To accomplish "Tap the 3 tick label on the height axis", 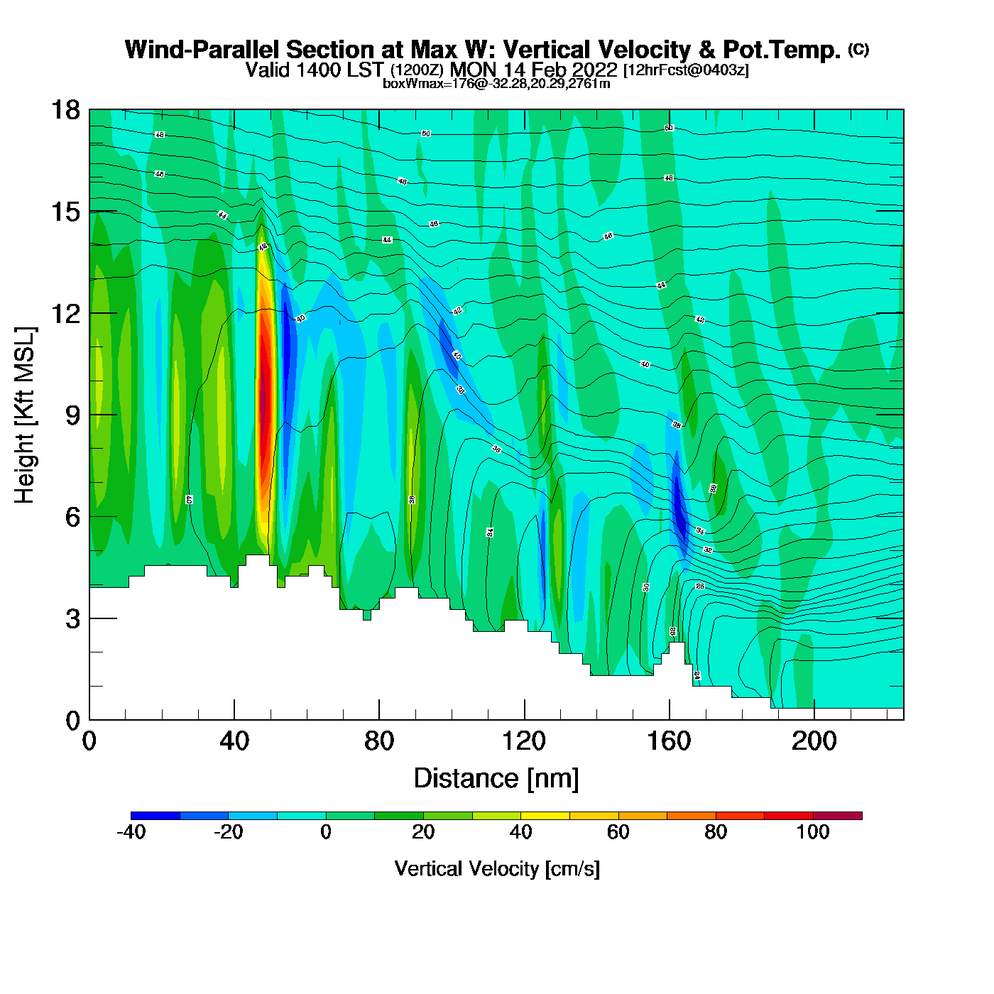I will tap(72, 619).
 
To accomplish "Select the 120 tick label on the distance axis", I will tap(524, 741).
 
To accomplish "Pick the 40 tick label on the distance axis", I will tap(234, 741).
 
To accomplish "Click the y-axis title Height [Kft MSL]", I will tap(25, 415).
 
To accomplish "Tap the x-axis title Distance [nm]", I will tap(496, 779).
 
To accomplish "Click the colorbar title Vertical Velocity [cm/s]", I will tap(497, 869).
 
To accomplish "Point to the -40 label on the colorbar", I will tap(131, 832).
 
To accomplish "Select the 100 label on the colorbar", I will tap(813, 832).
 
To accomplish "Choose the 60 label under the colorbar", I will tap(618, 832).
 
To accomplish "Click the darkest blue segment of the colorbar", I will tap(155, 816).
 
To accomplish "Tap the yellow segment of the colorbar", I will tap(545, 816).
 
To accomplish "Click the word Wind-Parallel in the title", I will tap(202, 50).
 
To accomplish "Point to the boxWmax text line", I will tap(496, 84).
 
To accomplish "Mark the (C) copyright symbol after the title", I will tap(858, 49).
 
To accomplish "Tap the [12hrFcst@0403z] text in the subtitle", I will tap(686, 70).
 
